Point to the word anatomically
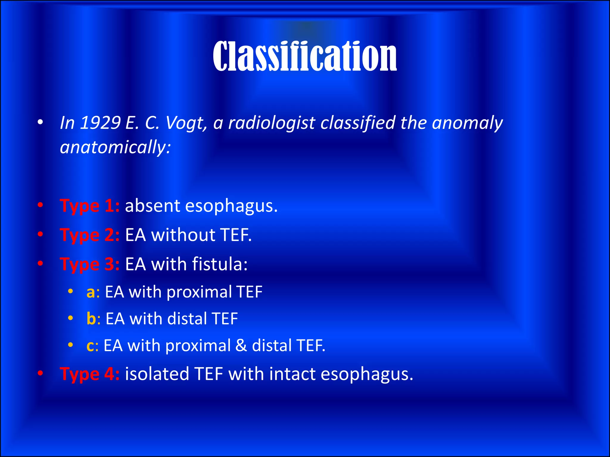pos(115,147)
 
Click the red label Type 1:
pos(90,206)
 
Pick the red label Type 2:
pos(90,235)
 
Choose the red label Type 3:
pos(90,264)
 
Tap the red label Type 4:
pos(90,374)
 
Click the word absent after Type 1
pos(152,206)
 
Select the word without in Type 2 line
pos(183,235)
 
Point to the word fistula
pos(220,264)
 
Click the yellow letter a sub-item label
pos(91,292)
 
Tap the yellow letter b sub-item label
pos(91,319)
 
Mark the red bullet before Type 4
pos(41,373)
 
